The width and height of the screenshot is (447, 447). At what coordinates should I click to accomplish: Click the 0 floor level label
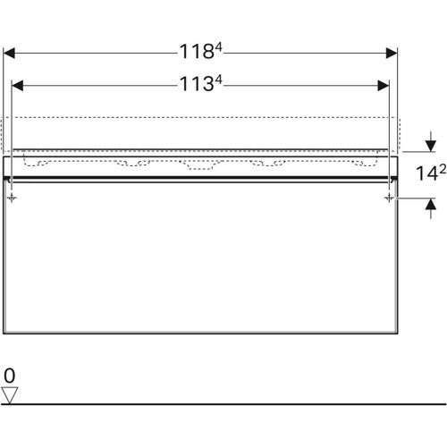tap(10, 375)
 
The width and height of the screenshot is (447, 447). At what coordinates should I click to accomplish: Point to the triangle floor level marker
tap(11, 394)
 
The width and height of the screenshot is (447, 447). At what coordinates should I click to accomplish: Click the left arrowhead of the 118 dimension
tap(10, 52)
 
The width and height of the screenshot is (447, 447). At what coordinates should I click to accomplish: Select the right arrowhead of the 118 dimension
tap(392, 52)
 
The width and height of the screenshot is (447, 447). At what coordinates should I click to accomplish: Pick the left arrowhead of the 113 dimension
tap(17, 86)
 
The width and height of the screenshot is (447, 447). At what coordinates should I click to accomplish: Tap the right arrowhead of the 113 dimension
tap(385, 86)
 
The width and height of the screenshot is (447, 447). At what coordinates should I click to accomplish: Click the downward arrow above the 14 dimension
tap(430, 146)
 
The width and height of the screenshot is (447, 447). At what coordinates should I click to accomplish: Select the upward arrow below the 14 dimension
tap(430, 205)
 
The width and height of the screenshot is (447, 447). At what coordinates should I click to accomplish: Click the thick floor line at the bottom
tap(223, 404)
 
